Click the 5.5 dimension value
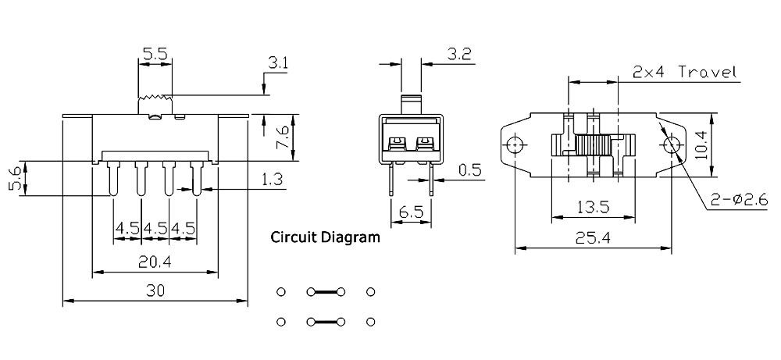155,55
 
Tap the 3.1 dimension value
278,63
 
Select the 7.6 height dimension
282,137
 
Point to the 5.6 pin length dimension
15,178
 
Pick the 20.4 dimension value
155,262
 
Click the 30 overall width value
155,290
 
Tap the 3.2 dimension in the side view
458,55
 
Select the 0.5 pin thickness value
469,170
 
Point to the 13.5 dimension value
593,206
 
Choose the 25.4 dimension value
594,238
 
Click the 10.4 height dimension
701,145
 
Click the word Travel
708,72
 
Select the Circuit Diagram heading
325,237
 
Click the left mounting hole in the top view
515,145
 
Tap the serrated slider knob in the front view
155,105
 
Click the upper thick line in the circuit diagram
326,292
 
